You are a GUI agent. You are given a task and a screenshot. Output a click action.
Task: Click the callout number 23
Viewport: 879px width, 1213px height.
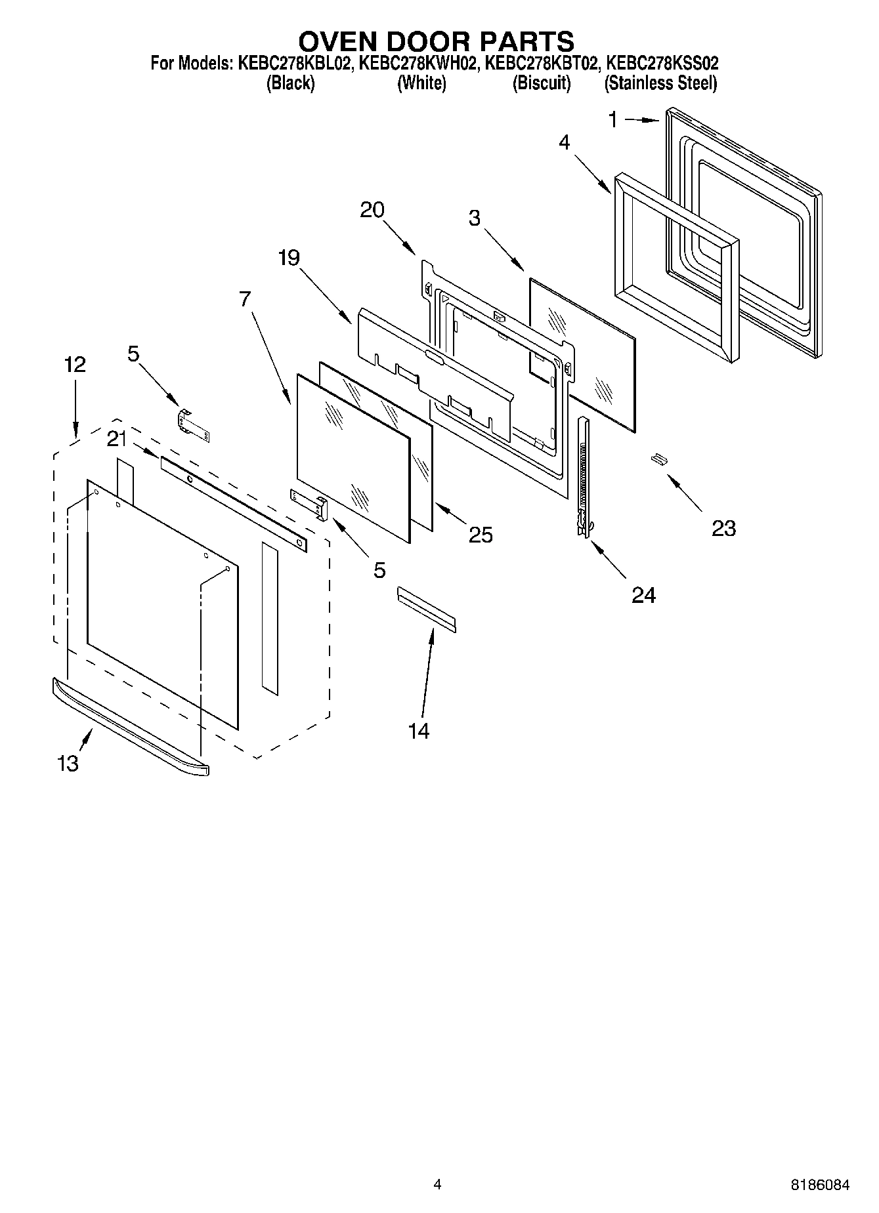tap(723, 527)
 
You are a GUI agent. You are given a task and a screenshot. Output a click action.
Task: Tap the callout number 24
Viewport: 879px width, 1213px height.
tap(643, 594)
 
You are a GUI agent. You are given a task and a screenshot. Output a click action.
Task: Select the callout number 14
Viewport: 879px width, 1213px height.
tap(419, 730)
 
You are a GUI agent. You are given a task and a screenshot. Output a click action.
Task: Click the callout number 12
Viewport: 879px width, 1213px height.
tap(75, 365)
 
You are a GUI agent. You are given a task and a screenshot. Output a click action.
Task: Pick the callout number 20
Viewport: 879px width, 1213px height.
tap(372, 210)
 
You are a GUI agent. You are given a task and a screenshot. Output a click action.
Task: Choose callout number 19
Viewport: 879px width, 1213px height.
tap(288, 258)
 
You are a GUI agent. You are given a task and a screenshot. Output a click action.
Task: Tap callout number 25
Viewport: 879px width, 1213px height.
tap(481, 535)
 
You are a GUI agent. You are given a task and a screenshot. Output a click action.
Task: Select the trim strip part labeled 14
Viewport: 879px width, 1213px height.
tap(426, 609)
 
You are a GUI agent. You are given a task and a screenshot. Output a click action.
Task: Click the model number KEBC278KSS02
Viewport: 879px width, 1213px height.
tap(662, 64)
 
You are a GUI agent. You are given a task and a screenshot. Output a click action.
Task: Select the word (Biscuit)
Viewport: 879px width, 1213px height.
tap(542, 83)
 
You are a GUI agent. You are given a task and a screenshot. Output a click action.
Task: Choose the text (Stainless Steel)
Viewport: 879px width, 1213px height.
tap(660, 83)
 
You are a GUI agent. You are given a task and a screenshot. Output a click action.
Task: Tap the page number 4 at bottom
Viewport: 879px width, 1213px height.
tap(437, 1184)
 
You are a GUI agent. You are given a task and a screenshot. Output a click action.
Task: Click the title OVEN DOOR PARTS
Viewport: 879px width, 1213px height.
tap(437, 41)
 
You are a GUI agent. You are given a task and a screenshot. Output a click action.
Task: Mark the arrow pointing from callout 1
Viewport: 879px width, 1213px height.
tap(641, 120)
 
